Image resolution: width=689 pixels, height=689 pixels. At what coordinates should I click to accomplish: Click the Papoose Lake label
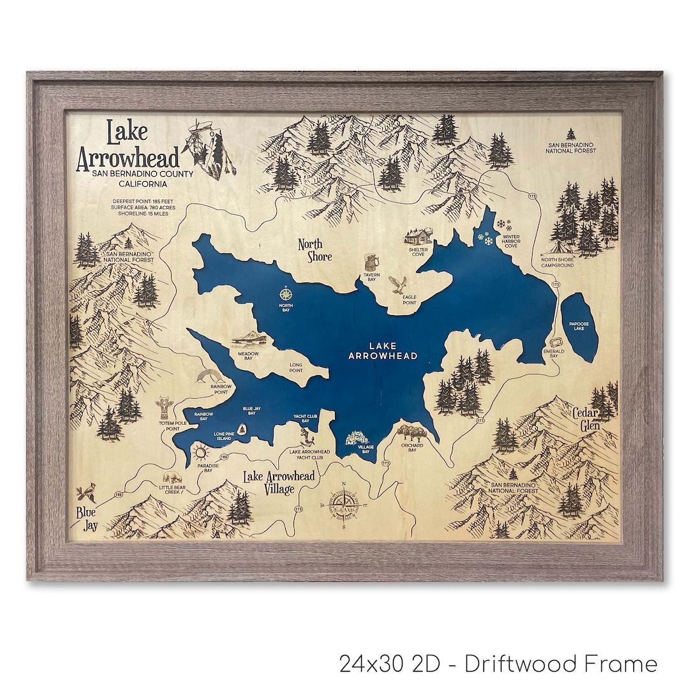pyautogui.click(x=579, y=326)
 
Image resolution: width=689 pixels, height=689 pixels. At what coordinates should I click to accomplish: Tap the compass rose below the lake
pyautogui.click(x=344, y=508)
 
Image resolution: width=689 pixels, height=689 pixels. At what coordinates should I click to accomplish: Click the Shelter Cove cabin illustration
pyautogui.click(x=417, y=237)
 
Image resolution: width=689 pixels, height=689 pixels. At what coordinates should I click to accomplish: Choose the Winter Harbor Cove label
pyautogui.click(x=510, y=241)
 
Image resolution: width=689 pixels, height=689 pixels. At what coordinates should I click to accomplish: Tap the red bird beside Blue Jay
pyautogui.click(x=84, y=493)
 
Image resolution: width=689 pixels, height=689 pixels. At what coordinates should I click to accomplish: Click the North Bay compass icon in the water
pyautogui.click(x=286, y=294)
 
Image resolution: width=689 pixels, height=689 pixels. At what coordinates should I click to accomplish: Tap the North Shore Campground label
pyautogui.click(x=557, y=262)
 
